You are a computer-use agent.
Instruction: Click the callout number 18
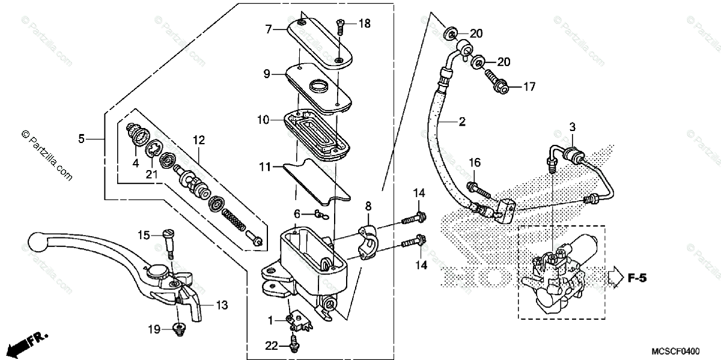365,23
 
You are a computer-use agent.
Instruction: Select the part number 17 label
528,87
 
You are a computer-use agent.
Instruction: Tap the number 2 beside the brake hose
461,123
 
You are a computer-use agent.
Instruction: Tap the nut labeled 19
179,328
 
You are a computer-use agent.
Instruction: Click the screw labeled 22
294,344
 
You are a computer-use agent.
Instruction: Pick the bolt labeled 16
479,189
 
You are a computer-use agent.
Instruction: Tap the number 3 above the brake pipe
573,127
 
